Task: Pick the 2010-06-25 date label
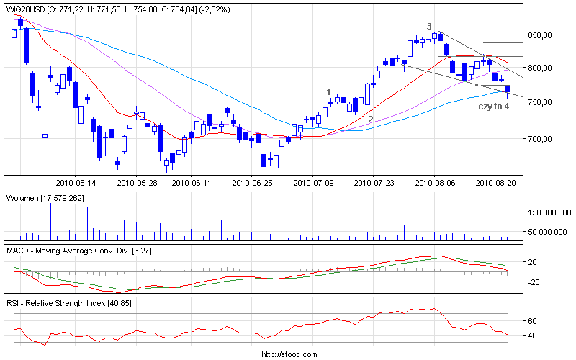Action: (x=253, y=183)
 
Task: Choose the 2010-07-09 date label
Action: (x=313, y=183)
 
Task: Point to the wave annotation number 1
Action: (x=328, y=92)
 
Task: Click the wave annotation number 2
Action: (x=370, y=120)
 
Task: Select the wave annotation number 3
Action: (x=429, y=27)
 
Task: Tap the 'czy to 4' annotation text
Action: (x=494, y=106)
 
